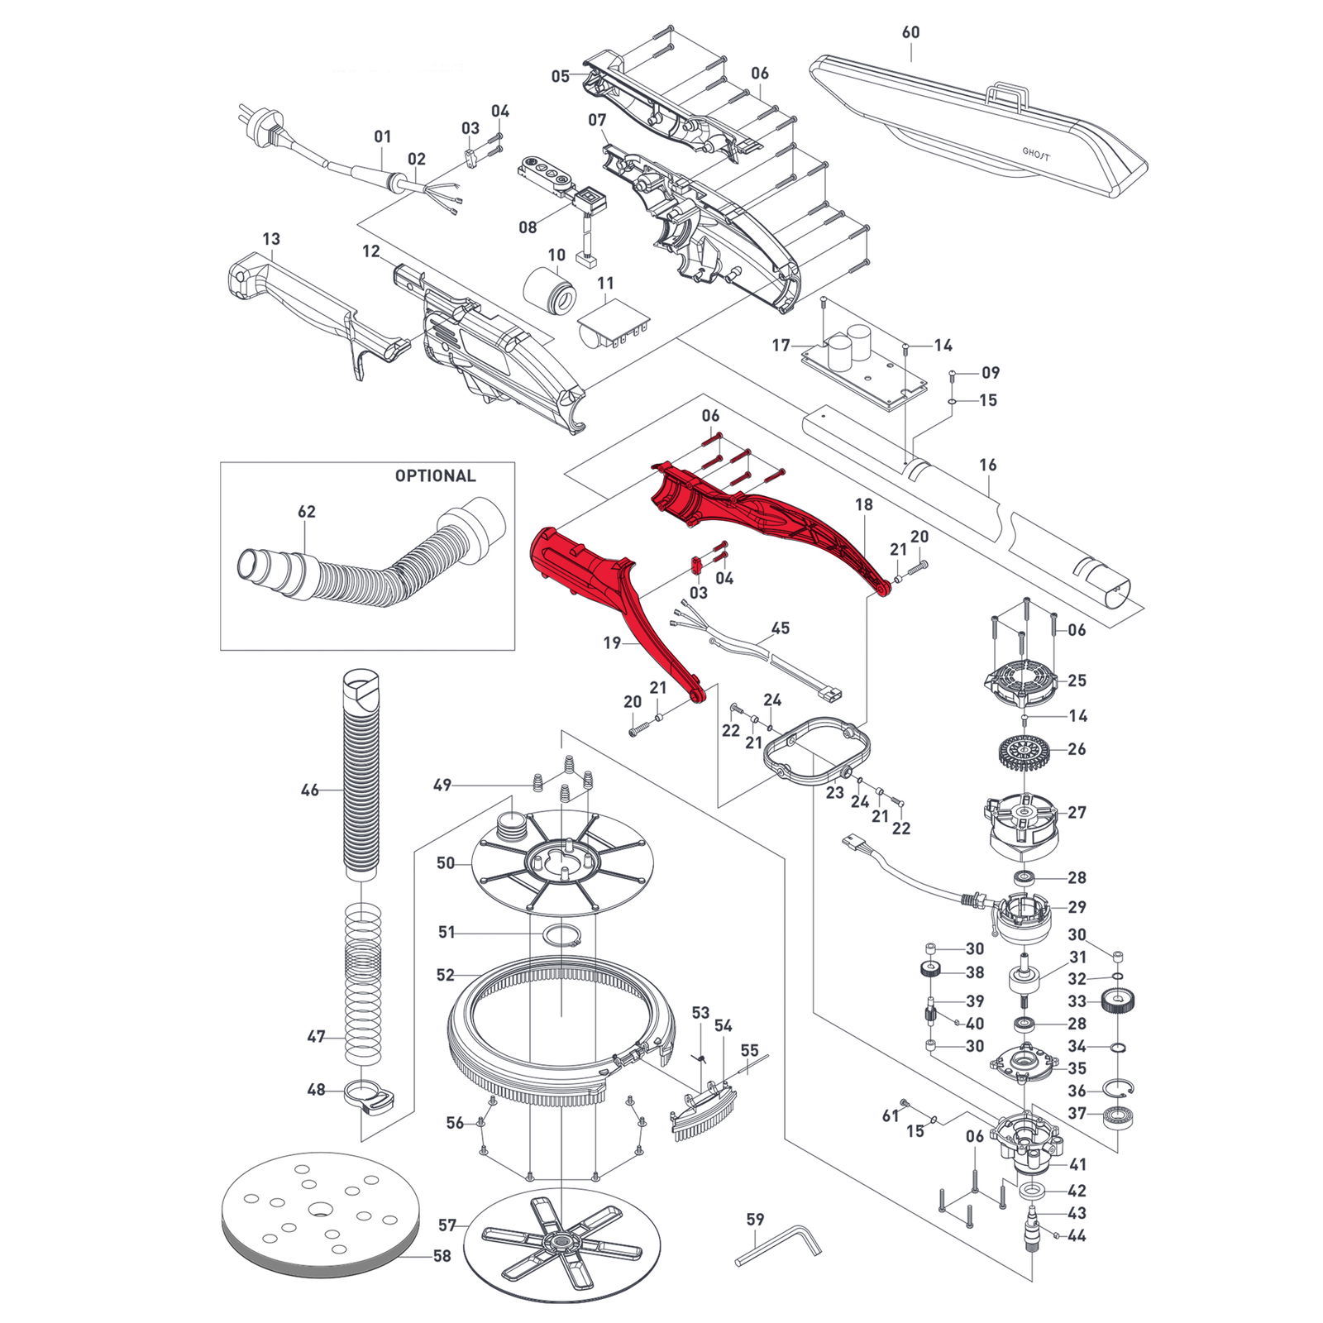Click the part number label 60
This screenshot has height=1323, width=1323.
coord(910,32)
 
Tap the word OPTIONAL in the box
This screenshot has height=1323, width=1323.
coord(435,476)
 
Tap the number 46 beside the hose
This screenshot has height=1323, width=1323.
coord(309,790)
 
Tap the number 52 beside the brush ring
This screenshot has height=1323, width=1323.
coord(446,975)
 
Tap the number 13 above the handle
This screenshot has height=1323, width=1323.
coord(271,239)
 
